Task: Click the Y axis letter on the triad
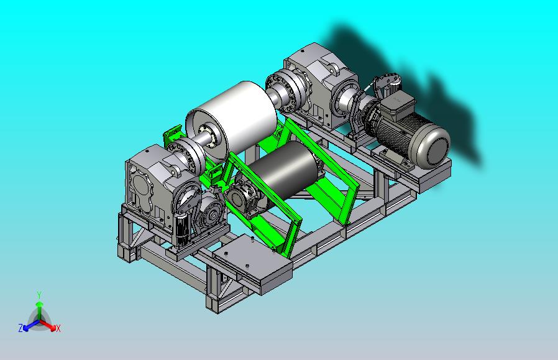point(40,295)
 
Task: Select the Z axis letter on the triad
point(21,328)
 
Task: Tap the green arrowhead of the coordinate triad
point(40,304)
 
